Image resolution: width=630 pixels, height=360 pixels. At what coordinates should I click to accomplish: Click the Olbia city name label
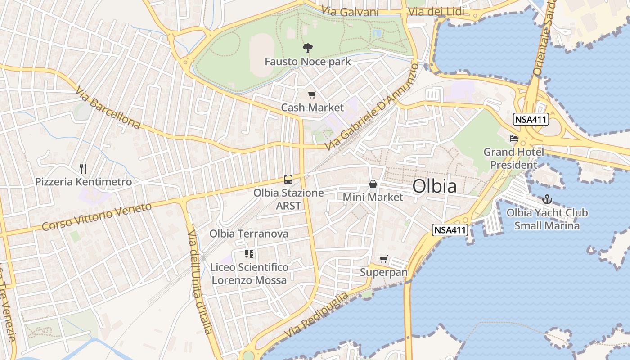[434, 186]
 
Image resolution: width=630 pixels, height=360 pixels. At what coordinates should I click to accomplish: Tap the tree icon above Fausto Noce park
[308, 48]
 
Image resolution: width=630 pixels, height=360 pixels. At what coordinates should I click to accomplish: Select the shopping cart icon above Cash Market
[312, 94]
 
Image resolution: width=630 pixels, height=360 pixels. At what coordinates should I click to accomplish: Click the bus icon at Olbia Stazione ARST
[288, 180]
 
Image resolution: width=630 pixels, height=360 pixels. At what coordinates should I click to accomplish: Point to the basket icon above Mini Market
[373, 184]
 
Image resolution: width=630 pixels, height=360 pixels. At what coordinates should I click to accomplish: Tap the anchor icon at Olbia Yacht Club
[547, 199]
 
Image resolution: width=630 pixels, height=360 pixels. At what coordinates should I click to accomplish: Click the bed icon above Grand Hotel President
[513, 138]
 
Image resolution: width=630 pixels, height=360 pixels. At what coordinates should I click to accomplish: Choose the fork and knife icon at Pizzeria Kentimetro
[83, 168]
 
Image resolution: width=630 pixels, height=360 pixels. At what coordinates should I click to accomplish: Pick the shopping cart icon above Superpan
[383, 259]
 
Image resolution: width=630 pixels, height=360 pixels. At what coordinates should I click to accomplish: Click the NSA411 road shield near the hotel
[531, 119]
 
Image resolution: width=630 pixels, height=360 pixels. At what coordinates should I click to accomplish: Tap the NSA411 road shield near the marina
[450, 230]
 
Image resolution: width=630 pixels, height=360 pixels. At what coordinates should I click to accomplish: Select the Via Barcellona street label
[108, 108]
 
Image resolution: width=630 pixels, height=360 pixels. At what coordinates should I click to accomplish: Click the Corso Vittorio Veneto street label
[97, 217]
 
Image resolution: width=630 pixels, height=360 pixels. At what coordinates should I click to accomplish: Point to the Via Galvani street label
[350, 12]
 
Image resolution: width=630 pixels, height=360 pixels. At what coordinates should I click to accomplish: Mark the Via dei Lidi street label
[436, 12]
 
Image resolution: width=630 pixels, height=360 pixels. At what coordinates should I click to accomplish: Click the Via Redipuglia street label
[316, 315]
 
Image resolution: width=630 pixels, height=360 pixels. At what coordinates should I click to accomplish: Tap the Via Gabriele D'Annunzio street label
[372, 107]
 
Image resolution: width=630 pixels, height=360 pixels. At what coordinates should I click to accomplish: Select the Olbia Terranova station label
[249, 234]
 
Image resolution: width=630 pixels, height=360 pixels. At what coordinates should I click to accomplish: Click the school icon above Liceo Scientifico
[249, 254]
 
